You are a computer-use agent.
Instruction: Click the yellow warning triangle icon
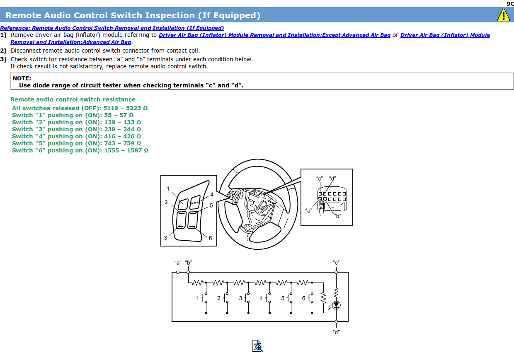pyautogui.click(x=503, y=15)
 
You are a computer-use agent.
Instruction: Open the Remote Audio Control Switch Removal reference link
pyautogui.click(x=112, y=28)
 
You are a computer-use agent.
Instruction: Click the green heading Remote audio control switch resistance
pyautogui.click(x=73, y=99)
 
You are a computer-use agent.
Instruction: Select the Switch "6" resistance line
pyautogui.click(x=80, y=150)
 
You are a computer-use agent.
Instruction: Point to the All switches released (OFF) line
pyautogui.click(x=80, y=108)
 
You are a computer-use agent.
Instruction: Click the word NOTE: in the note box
pyautogui.click(x=22, y=78)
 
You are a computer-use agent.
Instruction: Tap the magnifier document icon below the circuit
pyautogui.click(x=257, y=346)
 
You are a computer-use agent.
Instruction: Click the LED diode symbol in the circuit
pyautogui.click(x=336, y=305)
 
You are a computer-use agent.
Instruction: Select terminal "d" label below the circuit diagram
pyautogui.click(x=336, y=332)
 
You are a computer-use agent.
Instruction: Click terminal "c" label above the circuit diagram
pyautogui.click(x=336, y=263)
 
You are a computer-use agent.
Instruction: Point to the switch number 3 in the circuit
pyautogui.click(x=240, y=298)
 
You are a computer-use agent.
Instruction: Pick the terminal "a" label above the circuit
pyautogui.click(x=178, y=263)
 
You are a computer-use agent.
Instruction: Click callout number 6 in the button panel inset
pyautogui.click(x=211, y=238)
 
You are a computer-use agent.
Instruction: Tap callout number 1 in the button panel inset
pyautogui.click(x=168, y=189)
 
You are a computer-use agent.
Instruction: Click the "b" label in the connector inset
pyautogui.click(x=337, y=216)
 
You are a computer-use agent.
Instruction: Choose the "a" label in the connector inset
pyautogui.click(x=309, y=210)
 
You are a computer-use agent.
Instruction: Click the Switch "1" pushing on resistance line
pyautogui.click(x=73, y=115)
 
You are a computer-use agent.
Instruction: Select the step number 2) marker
pyautogui.click(x=3, y=51)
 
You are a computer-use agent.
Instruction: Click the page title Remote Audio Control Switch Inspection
pyautogui.click(x=133, y=15)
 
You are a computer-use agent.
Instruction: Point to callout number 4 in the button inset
pyautogui.click(x=211, y=195)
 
